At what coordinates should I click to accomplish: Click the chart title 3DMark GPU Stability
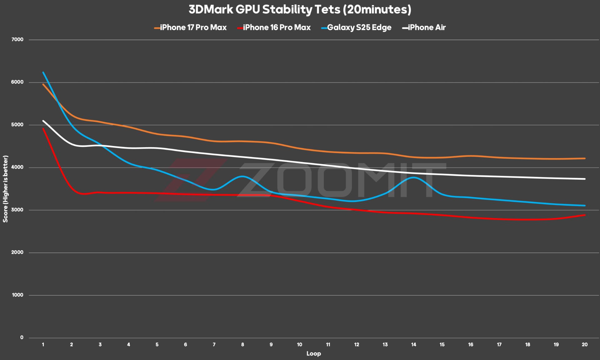300,10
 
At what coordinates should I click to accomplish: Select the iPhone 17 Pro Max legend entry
193,27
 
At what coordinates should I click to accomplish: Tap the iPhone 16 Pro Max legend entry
277,27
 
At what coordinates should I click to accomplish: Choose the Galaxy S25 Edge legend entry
359,27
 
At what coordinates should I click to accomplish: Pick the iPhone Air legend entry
427,27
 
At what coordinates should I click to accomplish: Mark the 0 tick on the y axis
22,337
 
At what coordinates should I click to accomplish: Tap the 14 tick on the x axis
413,345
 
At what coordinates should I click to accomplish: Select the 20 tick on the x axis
584,345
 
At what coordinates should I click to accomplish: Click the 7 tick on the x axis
214,345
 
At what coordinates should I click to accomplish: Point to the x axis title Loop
313,354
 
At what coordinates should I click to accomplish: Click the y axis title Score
5,189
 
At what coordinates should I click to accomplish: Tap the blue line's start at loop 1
43,72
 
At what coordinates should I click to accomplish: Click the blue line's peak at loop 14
413,177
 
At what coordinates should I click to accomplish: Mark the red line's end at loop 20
584,215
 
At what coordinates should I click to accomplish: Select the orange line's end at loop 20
584,158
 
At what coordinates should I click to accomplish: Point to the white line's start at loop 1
43,121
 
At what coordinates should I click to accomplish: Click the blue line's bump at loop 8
242,177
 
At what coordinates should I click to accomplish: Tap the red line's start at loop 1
43,128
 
